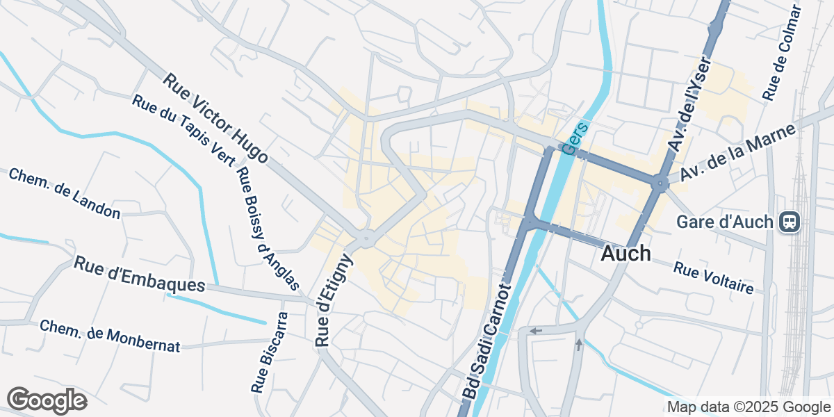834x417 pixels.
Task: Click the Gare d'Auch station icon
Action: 790,222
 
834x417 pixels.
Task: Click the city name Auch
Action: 625,254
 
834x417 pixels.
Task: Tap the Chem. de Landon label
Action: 65,193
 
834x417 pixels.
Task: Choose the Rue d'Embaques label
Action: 140,275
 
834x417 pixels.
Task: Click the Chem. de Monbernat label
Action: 110,336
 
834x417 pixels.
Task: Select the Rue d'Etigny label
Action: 334,300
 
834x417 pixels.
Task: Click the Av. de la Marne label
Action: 737,153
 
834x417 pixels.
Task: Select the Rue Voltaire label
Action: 713,277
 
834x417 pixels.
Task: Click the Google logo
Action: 47,401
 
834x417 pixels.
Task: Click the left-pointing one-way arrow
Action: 534,331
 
